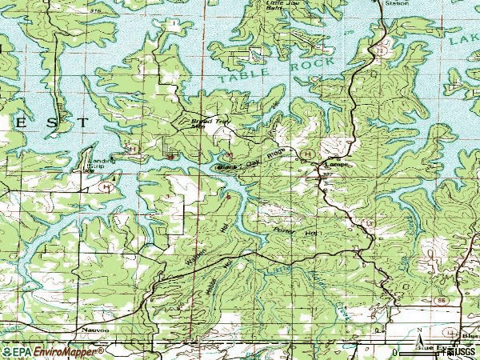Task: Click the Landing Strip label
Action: (x=102, y=163)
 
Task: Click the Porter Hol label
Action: (x=295, y=231)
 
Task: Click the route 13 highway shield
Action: (x=369, y=222)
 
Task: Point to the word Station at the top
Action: (x=396, y=3)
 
